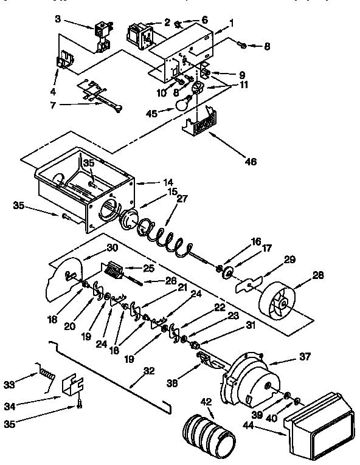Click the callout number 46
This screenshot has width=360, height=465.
click(x=251, y=162)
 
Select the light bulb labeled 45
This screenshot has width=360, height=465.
click(x=181, y=105)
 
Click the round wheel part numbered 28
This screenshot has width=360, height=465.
click(x=279, y=302)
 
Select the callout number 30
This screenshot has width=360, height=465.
click(x=112, y=247)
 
